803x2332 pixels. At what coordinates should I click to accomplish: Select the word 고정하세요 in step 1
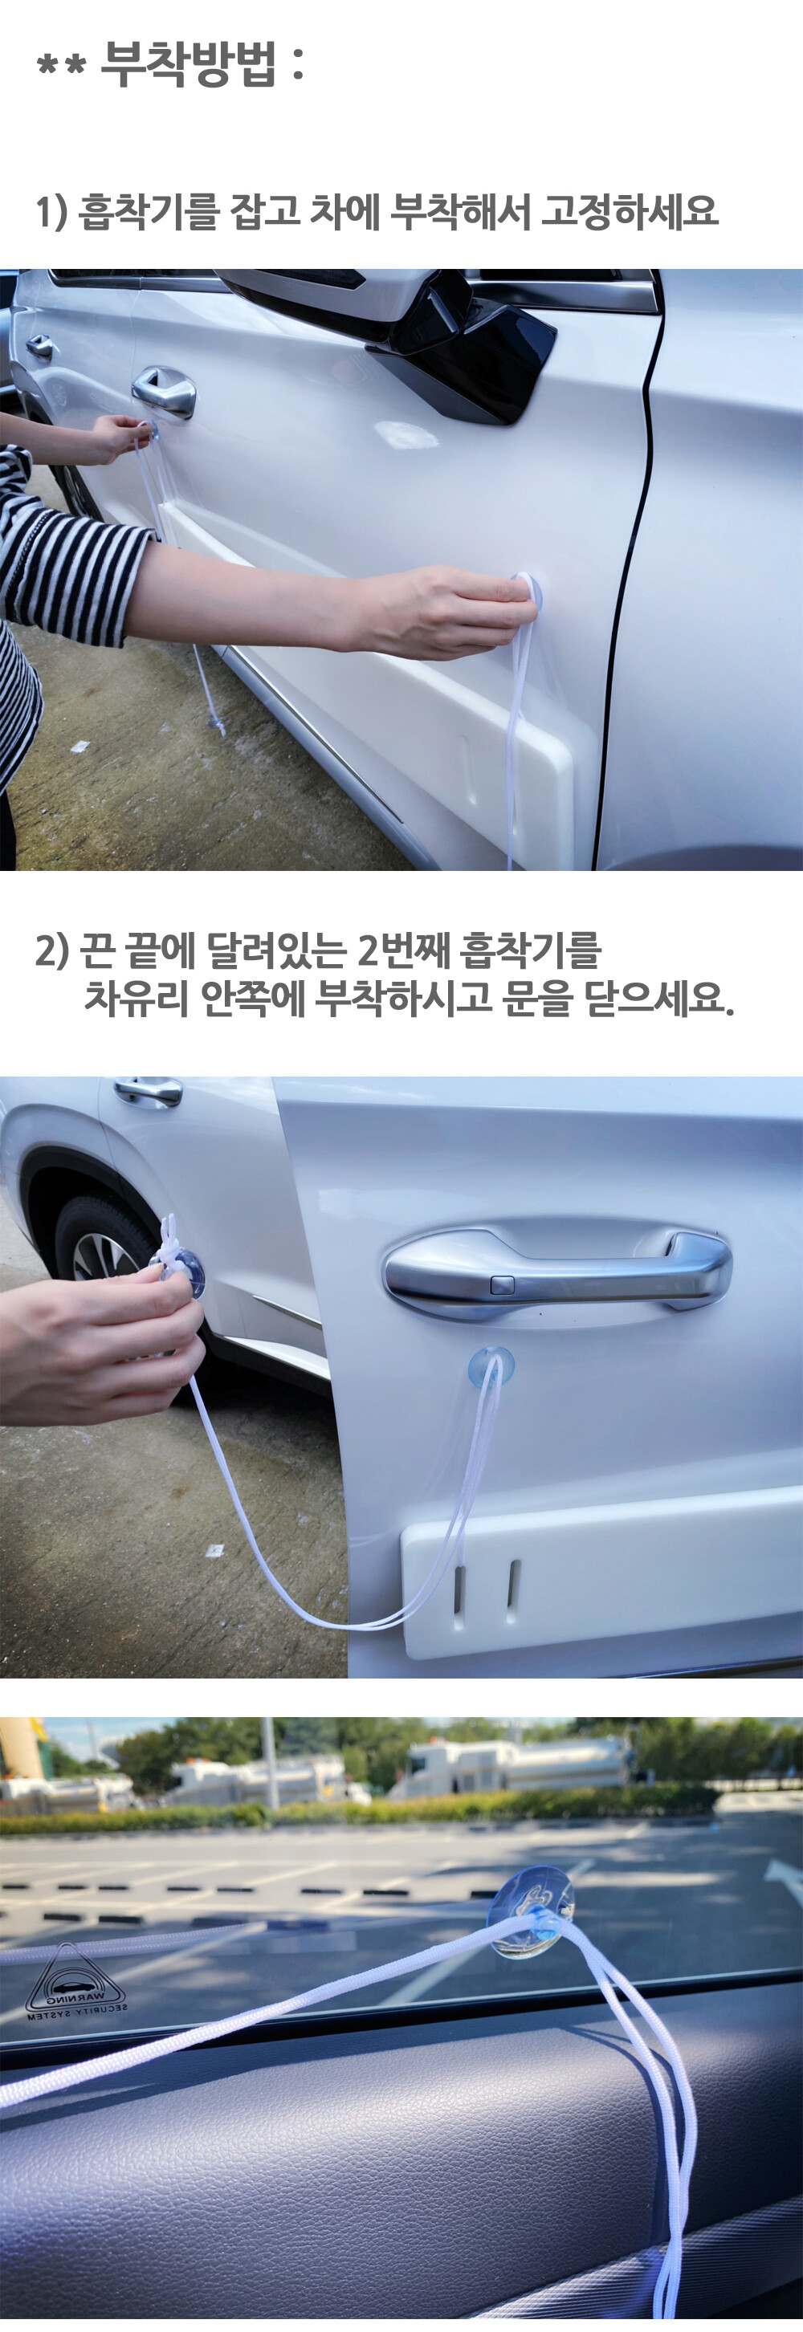point(630,211)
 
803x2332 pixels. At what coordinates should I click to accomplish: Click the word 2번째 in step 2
point(403,950)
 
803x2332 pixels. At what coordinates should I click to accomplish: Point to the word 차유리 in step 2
point(137,998)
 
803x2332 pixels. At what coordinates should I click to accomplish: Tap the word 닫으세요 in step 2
point(659,998)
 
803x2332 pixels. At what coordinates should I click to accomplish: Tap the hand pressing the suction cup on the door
point(443,611)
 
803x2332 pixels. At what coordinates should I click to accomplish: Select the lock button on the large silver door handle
point(502,1284)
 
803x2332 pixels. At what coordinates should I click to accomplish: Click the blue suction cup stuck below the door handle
point(490,1367)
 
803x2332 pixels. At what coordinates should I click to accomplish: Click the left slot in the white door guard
point(458,1585)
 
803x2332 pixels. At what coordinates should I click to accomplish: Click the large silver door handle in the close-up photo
point(556,1268)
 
